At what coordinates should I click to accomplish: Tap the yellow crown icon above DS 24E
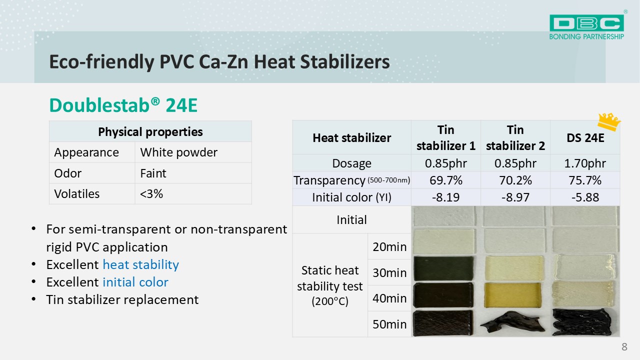coord(609,121)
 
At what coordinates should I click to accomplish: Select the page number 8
coord(624,347)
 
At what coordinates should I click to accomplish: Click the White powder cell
coord(178,152)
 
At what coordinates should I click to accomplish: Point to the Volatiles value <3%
coord(151,193)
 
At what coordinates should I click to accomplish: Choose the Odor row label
coord(67,173)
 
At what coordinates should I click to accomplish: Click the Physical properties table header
coord(150,131)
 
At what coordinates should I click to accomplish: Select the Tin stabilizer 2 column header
coord(515,137)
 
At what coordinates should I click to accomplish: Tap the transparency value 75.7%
coord(585,180)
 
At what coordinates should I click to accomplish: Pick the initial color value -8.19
coord(445,197)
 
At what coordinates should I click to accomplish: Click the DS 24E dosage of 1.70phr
coord(585,163)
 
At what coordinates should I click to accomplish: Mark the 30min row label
coord(389,272)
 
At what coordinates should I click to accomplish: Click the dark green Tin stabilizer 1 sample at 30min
coord(443,268)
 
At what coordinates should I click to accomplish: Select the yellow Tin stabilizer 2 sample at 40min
coord(513,295)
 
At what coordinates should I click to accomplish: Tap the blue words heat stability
coord(140,264)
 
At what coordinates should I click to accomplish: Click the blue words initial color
coord(135,282)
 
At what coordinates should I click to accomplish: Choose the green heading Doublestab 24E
coord(123,105)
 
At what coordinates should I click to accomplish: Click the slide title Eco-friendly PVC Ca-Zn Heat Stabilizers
coord(219,61)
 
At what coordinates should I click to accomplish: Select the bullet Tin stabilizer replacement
coord(122,299)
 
